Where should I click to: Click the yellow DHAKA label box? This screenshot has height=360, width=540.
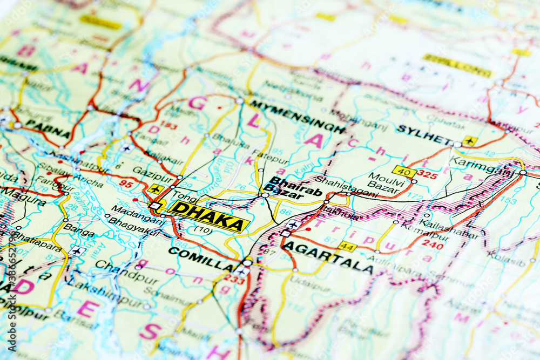[x=209, y=216]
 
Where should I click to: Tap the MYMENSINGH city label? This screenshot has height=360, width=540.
[x=297, y=116]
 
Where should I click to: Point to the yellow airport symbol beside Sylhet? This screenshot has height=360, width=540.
[x=469, y=141]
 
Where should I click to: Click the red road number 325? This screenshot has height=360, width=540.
[x=427, y=175]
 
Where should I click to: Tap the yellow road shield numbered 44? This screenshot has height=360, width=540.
[x=347, y=247]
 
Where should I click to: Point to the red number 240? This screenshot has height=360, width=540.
[x=432, y=244]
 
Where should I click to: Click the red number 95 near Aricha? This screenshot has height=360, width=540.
[x=126, y=184]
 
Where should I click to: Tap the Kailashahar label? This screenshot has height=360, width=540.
[x=448, y=229]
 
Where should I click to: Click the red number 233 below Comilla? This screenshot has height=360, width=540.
[x=234, y=279]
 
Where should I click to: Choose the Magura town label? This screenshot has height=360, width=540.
[x=22, y=196]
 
